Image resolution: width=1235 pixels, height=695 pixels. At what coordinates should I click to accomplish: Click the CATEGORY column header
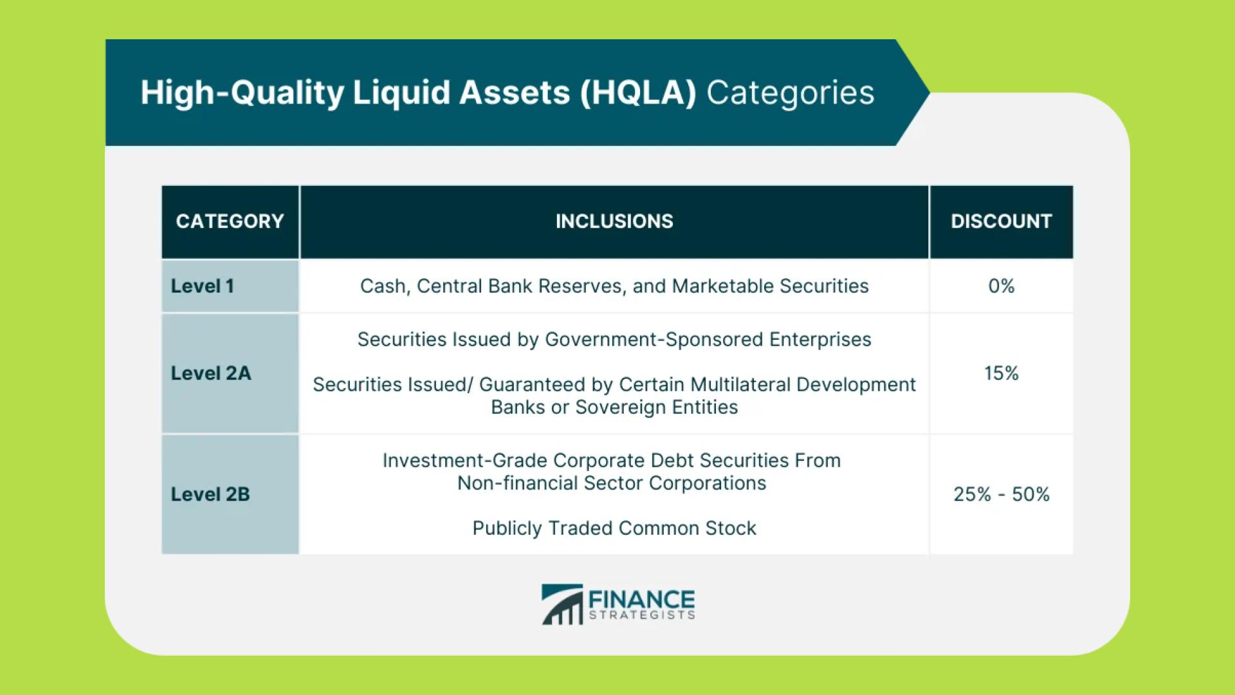(x=230, y=221)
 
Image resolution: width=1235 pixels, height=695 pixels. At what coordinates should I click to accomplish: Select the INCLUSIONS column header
(x=614, y=221)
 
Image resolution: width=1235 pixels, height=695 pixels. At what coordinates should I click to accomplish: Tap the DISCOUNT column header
(x=1002, y=221)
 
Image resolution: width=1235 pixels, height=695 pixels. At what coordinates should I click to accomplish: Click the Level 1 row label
(x=202, y=286)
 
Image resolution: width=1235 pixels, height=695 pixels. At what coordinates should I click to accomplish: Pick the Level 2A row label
(x=211, y=373)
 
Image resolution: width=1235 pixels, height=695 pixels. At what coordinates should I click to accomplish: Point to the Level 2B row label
(x=210, y=494)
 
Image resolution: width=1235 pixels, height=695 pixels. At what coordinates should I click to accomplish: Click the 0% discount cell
(x=1002, y=286)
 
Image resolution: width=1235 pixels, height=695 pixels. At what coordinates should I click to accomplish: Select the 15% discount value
(x=1002, y=373)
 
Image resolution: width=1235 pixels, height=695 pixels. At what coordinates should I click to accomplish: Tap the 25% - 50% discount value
(x=1002, y=494)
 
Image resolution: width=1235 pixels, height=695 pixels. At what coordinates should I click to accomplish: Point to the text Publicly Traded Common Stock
(x=614, y=528)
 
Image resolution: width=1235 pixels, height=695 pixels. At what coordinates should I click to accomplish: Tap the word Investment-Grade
(x=465, y=461)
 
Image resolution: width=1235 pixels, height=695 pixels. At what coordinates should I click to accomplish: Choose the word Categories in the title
(x=791, y=93)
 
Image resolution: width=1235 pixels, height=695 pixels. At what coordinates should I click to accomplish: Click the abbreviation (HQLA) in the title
(x=638, y=93)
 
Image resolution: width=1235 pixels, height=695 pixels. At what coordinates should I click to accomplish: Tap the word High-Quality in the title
(x=242, y=93)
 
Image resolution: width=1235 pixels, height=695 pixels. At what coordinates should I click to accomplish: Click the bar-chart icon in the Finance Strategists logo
(x=562, y=604)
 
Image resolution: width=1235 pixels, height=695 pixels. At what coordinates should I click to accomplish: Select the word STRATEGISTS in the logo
(x=642, y=615)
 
